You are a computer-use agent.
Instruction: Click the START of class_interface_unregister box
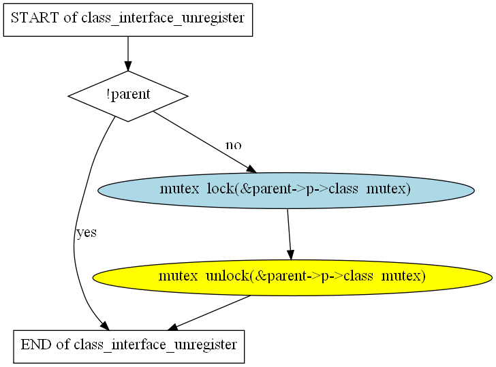[128, 20]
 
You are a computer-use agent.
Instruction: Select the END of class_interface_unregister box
[129, 347]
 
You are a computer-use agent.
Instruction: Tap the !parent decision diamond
[128, 96]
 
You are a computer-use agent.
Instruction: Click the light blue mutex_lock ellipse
[286, 190]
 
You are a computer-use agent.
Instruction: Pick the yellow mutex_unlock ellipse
[292, 278]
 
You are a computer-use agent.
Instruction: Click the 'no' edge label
[234, 145]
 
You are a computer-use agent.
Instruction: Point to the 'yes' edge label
[87, 233]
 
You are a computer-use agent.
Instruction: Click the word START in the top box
[35, 18]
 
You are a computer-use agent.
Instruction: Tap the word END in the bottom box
[36, 345]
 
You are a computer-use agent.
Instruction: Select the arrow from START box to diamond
[128, 54]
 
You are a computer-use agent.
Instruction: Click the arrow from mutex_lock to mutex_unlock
[289, 234]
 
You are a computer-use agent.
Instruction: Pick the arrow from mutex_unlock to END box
[208, 313]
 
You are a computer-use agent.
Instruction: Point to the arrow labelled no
[205, 142]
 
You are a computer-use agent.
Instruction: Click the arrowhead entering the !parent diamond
[128, 66]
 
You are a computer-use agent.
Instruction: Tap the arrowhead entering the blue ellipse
[252, 169]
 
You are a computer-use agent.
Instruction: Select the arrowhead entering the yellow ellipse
[291, 255]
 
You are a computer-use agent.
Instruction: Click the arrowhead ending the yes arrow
[105, 326]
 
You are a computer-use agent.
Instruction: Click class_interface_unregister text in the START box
[163, 18]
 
